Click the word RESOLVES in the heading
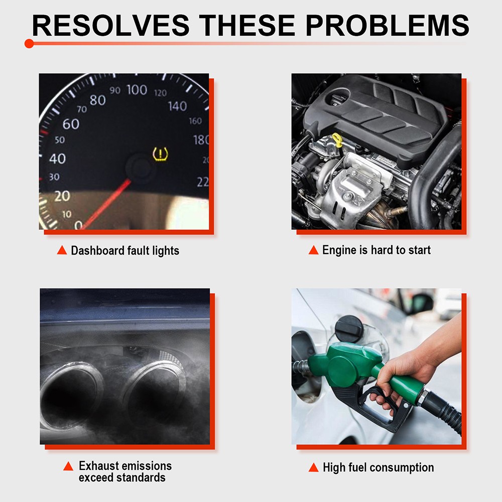coord(111,25)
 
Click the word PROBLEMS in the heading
coord(388,25)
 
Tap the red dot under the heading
coord(29,44)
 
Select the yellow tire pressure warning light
coord(160,154)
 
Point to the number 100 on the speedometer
coord(137,90)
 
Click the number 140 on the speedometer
coord(177,106)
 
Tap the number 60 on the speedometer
coord(71,124)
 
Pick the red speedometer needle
coord(105,204)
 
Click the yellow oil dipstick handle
coord(337,140)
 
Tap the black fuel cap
coord(349,328)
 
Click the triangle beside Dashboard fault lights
coord(62,250)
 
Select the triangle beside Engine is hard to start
coord(313,249)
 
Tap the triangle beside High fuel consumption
coord(313,467)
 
